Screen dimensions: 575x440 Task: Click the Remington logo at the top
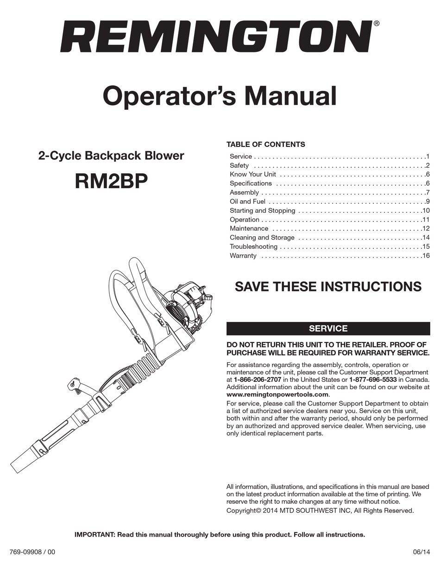point(216,37)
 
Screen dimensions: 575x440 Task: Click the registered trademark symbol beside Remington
point(377,23)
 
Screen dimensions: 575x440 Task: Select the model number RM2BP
point(111,182)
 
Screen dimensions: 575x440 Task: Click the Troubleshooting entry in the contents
point(253,246)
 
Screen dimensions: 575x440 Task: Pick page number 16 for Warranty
point(426,256)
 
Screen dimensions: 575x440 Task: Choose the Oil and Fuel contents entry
point(247,202)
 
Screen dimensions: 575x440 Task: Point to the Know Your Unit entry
point(252,174)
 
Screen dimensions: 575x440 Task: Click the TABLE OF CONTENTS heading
point(265,144)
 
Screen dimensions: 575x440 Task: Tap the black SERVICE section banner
point(328,329)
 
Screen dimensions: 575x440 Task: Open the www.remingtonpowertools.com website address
point(277,394)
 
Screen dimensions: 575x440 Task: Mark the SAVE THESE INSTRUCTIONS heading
point(328,286)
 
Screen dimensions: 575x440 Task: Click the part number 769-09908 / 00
point(32,552)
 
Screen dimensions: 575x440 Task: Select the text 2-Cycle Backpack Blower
point(111,156)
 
